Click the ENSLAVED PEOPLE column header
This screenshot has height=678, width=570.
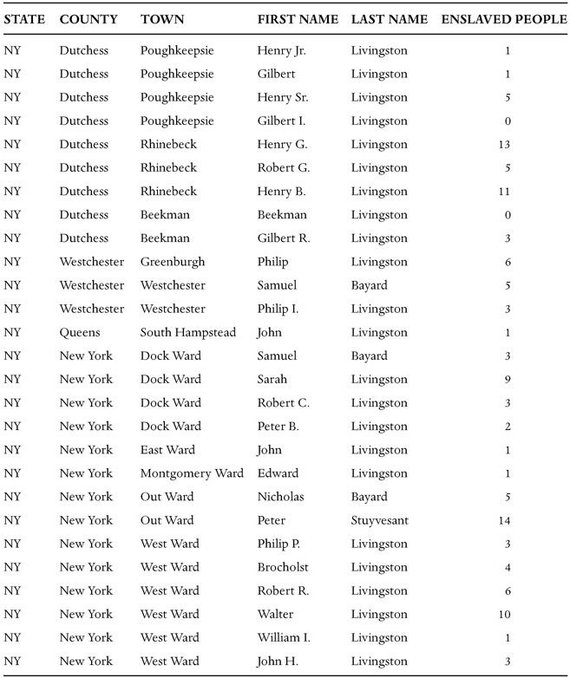point(502,19)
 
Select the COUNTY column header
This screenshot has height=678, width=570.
point(88,19)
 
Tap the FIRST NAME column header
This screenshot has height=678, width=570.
point(298,19)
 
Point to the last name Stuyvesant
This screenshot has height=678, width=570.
point(383,520)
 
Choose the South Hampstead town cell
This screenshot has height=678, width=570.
point(187,332)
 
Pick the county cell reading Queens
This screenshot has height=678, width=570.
point(79,332)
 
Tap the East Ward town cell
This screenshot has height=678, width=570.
point(167,450)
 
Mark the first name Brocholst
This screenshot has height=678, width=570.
point(283,567)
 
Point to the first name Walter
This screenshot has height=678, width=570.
point(275,614)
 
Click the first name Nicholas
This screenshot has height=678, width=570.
point(280,497)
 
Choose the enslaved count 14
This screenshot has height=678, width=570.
point(505,520)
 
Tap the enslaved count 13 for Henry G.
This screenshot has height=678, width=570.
point(505,145)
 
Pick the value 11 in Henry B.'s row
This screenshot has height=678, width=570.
point(505,192)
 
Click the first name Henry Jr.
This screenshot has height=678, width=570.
point(281,50)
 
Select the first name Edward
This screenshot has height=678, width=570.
point(278,473)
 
